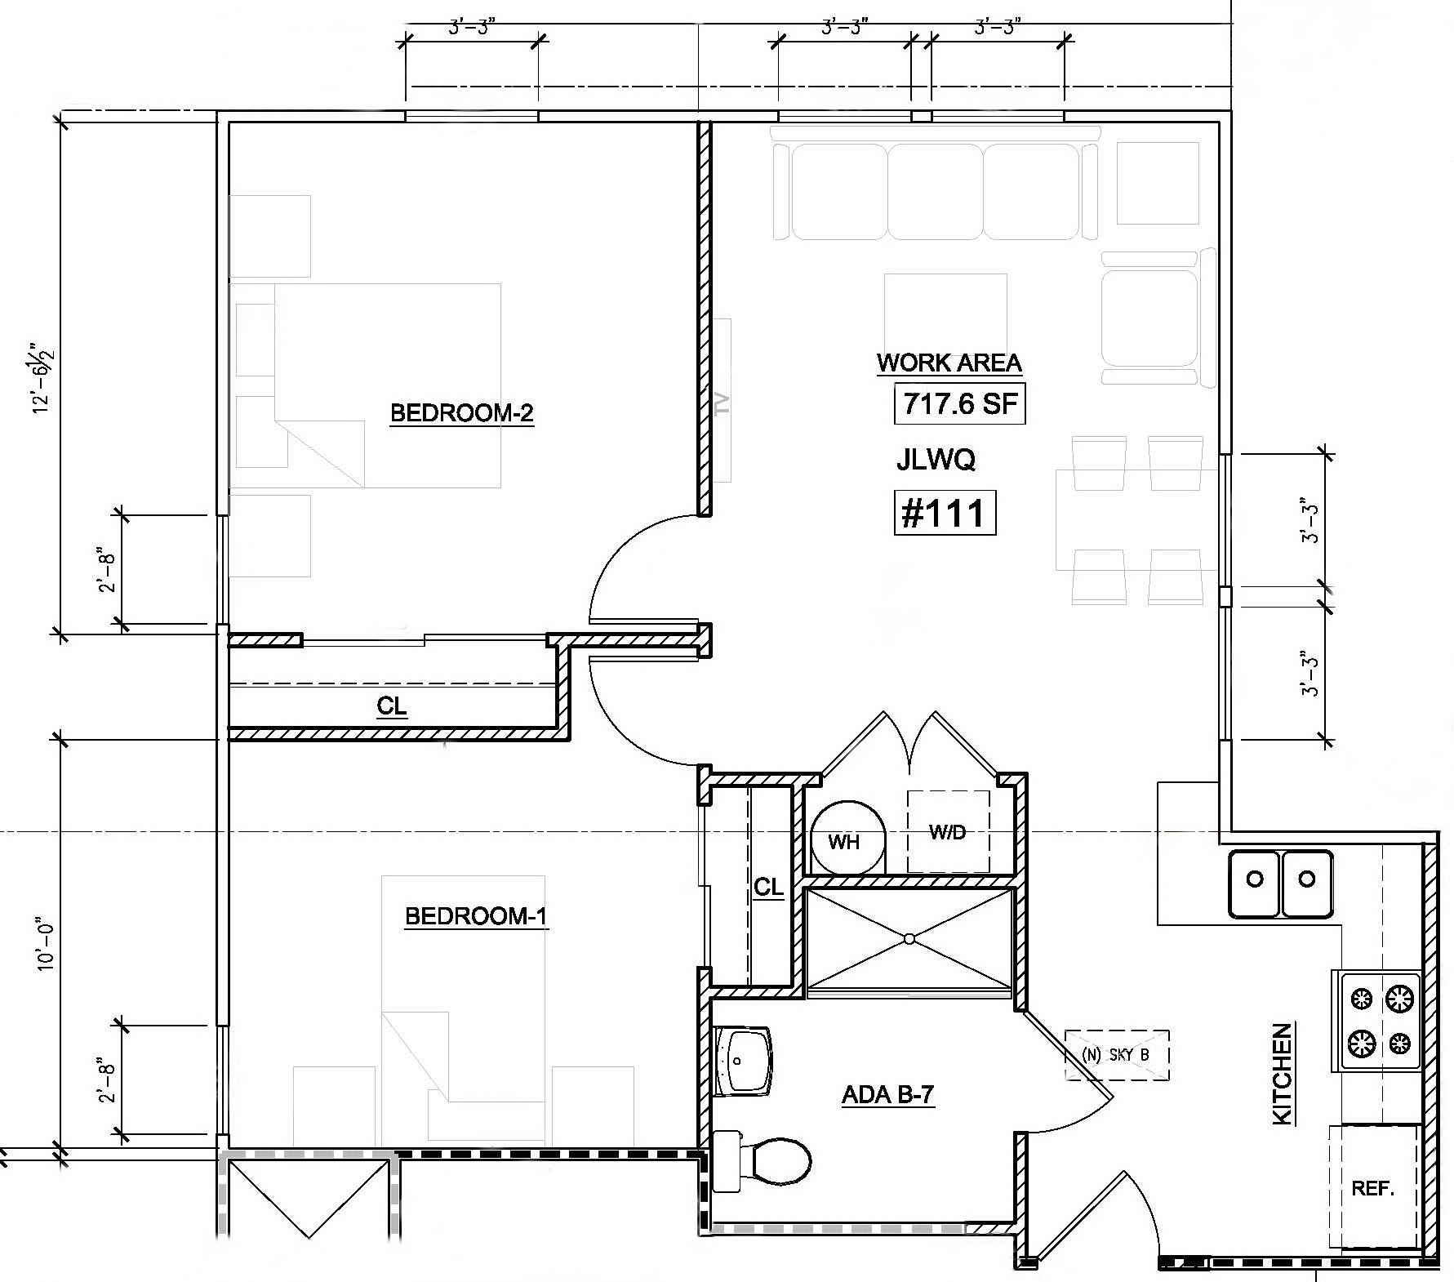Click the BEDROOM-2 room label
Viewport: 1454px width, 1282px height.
pos(461,413)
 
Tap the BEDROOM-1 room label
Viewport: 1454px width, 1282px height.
pos(476,916)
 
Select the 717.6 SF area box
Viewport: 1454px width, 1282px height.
pos(959,403)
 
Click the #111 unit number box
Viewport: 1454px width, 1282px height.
pos(945,514)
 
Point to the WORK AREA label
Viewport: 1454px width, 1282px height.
pos(949,363)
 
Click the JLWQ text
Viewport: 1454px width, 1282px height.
pos(936,461)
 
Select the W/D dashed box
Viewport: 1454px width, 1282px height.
pos(948,832)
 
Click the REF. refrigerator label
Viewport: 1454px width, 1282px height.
pos(1372,1189)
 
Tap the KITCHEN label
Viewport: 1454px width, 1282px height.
pos(1283,1074)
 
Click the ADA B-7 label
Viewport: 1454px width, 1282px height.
pos(887,1095)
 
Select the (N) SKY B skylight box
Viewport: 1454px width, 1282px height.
pos(1116,1055)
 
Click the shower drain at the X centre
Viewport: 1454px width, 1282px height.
pos(909,941)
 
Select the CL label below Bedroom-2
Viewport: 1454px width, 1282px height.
pos(392,706)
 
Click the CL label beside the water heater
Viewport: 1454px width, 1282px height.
pos(768,888)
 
